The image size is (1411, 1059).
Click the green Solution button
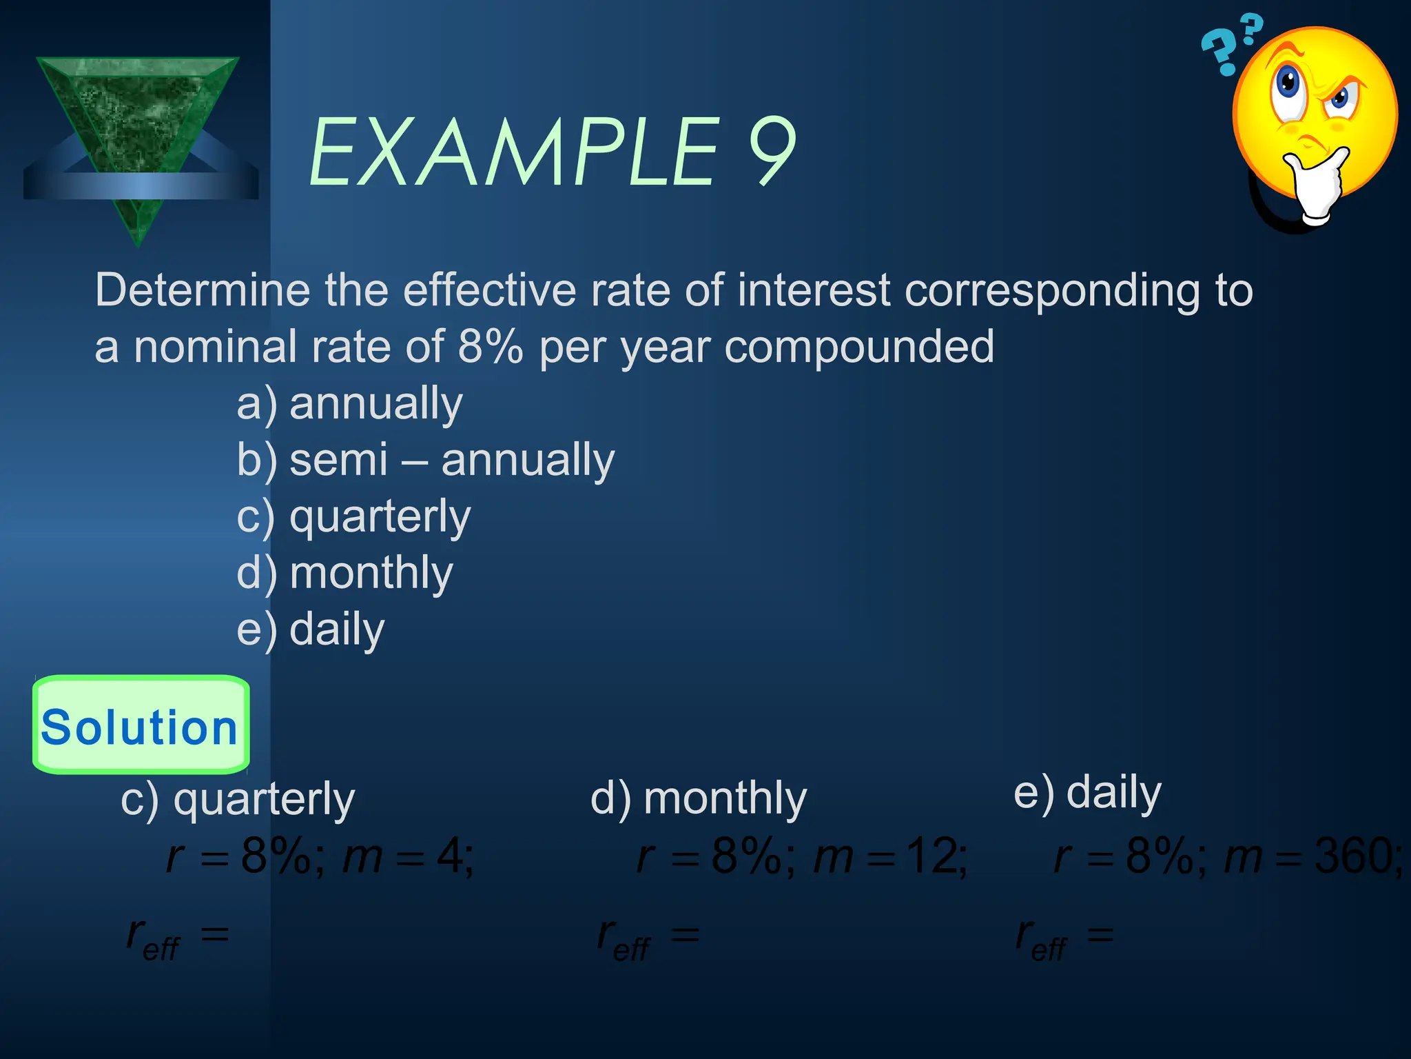(141, 725)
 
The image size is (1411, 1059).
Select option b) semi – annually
(425, 460)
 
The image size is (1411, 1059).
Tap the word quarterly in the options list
(380, 517)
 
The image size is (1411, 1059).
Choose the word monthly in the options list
(371, 573)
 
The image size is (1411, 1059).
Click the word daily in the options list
(337, 629)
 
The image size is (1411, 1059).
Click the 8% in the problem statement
(490, 347)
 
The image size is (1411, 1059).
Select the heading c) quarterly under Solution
(238, 800)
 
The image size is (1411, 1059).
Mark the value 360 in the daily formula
(1356, 856)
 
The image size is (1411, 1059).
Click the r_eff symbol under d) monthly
(624, 939)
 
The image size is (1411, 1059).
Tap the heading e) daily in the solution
(1087, 793)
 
